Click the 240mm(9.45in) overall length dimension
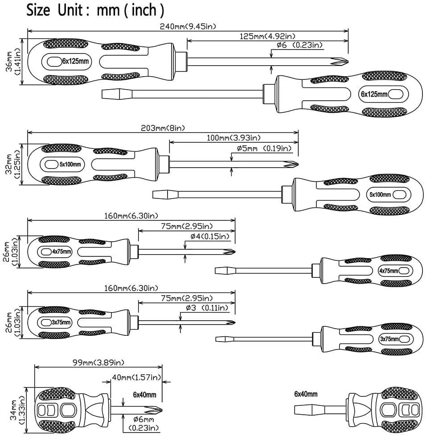(188, 26)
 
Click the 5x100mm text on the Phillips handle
(70, 165)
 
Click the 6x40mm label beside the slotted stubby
(306, 394)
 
